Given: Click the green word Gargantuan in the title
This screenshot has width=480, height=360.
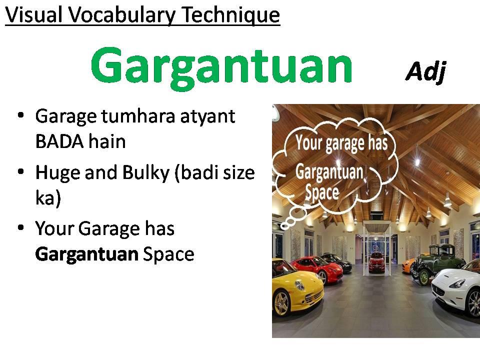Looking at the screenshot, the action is pos(221,68).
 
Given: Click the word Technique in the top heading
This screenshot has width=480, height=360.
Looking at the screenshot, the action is pos(230,15).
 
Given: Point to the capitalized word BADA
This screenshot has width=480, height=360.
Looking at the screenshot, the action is pos(59,141).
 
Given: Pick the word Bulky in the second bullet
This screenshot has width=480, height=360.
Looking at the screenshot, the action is pos(145,172).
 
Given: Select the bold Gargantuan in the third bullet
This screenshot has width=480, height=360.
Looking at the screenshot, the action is pos(86,254).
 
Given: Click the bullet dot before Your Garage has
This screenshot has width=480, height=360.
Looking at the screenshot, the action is pos(21,228).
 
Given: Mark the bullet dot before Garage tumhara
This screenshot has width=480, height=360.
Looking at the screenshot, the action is pos(21,115).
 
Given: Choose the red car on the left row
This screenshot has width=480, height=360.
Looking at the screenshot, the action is pos(317,269).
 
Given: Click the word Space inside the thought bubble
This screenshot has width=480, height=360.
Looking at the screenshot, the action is pos(322,192).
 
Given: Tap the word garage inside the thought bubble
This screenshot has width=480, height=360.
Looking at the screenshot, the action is pos(344,144).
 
